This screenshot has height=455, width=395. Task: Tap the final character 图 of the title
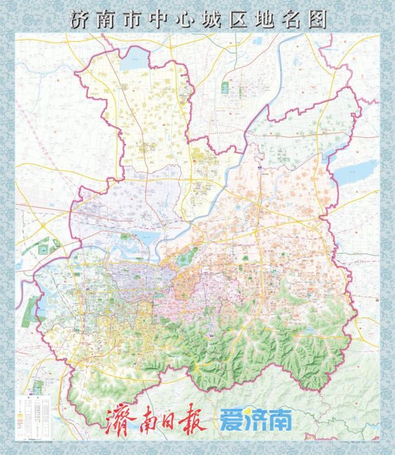[x=317, y=20]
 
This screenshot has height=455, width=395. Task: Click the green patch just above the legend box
[x=38, y=386]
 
